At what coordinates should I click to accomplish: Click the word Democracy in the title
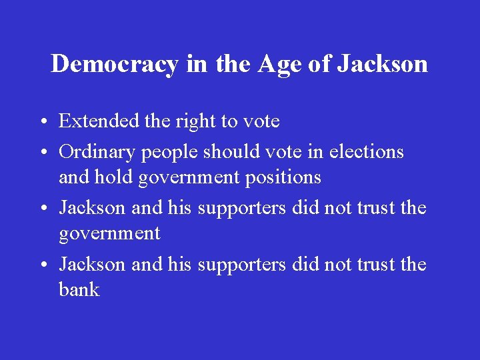[114, 64]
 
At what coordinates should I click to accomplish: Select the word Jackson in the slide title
[382, 64]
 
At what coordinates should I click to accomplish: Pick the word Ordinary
[97, 153]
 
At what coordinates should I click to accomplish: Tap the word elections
[366, 152]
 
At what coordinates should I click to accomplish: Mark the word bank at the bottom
[79, 290]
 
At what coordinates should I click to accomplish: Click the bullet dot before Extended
[42, 123]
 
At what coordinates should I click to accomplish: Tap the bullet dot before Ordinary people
[42, 153]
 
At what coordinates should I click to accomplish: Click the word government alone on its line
[109, 234]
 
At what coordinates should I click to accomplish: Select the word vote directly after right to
[261, 122]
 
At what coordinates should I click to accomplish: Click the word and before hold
[73, 177]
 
